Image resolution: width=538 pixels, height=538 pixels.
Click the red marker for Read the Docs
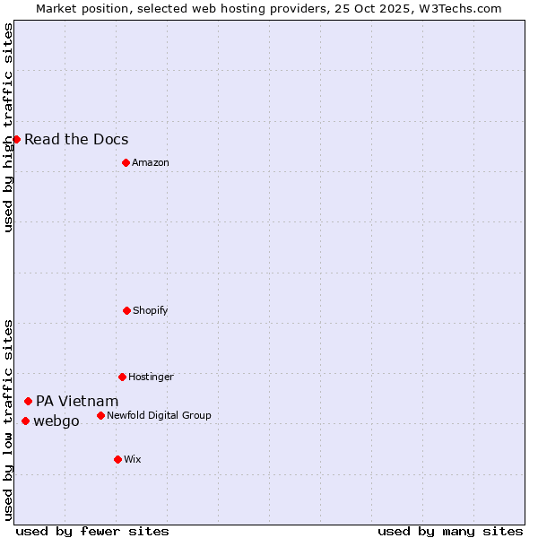[x=16, y=139]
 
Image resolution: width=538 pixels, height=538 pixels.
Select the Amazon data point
[x=126, y=162]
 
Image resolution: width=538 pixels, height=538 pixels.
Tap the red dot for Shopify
[x=126, y=310]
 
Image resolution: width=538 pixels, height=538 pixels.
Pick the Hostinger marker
[x=122, y=377]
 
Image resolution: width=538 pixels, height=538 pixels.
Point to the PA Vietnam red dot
[x=28, y=401]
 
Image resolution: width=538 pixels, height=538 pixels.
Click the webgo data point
[x=25, y=421]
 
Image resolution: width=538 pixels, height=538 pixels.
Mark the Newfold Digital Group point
[x=100, y=415]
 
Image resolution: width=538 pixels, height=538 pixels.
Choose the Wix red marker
[x=117, y=459]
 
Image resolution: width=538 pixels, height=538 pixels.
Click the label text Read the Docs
[x=76, y=139]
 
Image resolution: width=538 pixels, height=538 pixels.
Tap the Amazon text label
[x=151, y=162]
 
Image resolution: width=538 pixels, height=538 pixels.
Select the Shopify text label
[x=151, y=310]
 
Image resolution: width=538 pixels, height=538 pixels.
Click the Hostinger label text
[x=151, y=377]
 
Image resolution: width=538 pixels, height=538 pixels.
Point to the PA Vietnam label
[x=77, y=401]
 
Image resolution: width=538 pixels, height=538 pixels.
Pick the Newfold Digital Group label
[x=159, y=415]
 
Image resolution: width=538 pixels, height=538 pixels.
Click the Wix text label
[x=132, y=459]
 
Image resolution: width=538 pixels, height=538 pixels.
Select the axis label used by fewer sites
[x=92, y=531]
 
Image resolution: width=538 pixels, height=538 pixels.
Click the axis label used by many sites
[x=450, y=531]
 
